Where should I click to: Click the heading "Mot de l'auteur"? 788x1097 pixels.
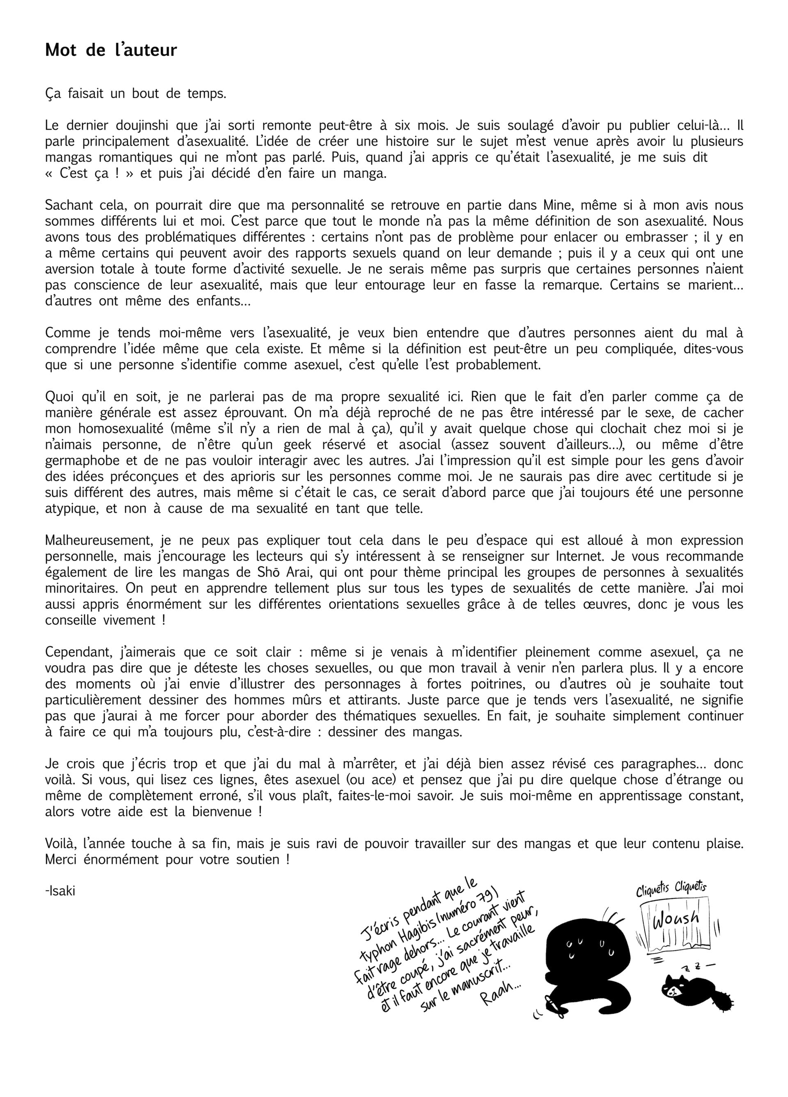click(x=111, y=50)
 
